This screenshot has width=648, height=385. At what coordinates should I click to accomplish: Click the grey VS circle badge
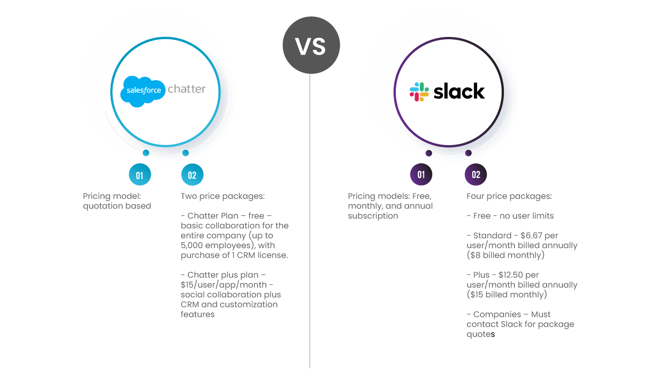click(311, 46)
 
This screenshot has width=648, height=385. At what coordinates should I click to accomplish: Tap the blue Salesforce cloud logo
click(143, 91)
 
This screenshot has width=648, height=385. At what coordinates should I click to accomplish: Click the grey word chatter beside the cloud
click(187, 89)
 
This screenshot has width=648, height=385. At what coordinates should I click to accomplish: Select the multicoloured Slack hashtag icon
click(419, 92)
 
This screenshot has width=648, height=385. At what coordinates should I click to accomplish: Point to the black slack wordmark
click(459, 91)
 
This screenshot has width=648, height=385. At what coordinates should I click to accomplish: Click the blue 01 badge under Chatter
click(140, 175)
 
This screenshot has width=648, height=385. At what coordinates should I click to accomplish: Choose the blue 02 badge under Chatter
click(192, 175)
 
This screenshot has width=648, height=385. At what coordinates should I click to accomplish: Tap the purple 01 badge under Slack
click(421, 175)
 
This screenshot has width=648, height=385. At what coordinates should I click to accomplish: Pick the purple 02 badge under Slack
click(476, 175)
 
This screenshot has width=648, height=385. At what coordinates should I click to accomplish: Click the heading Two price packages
click(222, 196)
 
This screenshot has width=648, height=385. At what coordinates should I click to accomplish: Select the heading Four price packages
click(509, 196)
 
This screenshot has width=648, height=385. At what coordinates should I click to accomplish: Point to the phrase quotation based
click(118, 206)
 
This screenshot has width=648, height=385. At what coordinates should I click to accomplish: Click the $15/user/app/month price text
click(223, 285)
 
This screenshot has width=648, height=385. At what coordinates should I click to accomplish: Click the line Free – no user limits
click(510, 216)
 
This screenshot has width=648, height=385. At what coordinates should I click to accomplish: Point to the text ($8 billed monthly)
click(506, 255)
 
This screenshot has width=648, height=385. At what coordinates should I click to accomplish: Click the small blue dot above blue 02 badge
click(186, 153)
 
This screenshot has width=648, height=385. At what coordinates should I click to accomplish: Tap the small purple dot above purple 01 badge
click(429, 153)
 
